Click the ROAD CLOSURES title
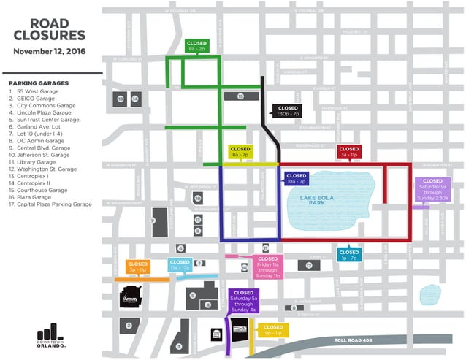50,28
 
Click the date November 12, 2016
50,52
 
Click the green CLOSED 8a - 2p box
197,45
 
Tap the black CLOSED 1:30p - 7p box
287,111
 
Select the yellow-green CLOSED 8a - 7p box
240,152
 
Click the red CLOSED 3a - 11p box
348,151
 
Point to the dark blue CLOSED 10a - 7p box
297,179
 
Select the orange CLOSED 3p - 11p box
137,267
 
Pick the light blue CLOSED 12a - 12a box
180,266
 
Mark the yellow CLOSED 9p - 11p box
273,330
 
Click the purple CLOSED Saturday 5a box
242,301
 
